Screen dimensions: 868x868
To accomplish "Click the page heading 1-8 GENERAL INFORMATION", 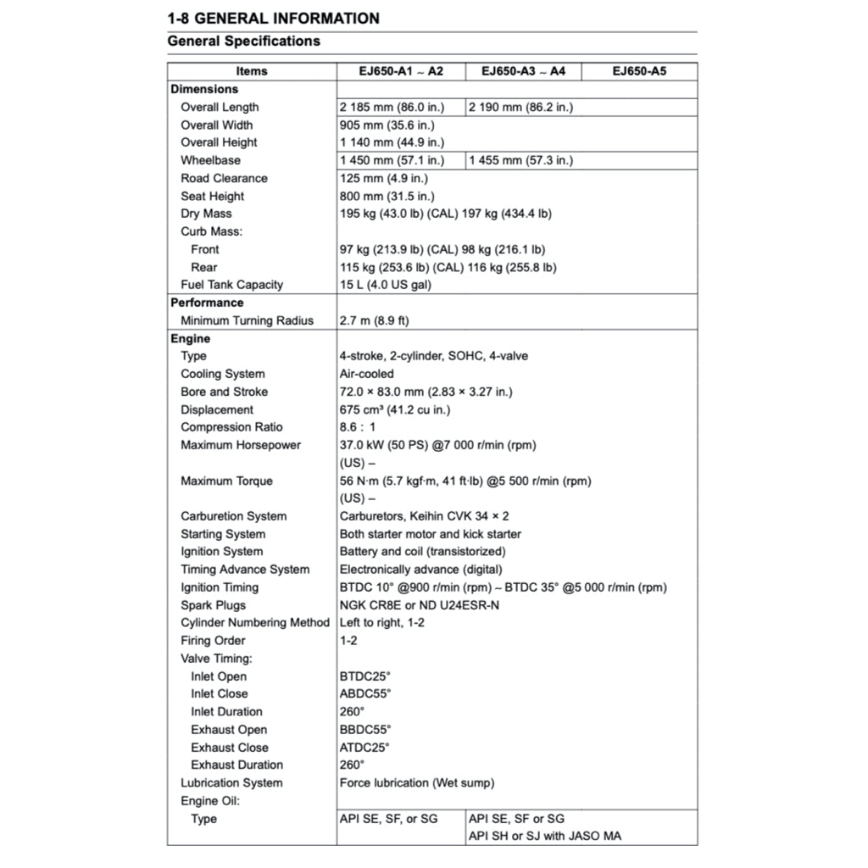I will pos(273,18).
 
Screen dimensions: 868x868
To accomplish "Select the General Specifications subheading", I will pos(243,41).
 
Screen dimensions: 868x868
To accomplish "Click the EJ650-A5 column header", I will pos(639,71).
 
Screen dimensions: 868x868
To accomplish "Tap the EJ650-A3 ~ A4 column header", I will pos(523,71).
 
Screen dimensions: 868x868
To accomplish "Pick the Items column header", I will pos(252,71).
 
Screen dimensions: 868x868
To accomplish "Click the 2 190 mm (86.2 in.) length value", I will pos(520,107).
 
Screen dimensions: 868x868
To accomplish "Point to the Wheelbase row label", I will pos(210,160).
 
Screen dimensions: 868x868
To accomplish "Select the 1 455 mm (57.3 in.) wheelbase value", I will pos(520,160).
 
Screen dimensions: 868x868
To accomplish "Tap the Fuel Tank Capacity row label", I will pos(231,285).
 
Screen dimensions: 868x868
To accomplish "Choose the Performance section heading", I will pos(207,303).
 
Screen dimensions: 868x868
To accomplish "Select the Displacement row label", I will pos(217,409).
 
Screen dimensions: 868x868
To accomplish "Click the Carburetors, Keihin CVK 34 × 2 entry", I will pos(424,516).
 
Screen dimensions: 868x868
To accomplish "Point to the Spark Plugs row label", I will pos(213,605).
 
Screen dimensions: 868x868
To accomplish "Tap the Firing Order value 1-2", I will pos(348,641).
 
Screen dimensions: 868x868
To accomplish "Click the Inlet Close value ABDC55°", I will pos(365,693).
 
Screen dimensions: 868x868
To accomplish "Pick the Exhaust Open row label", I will pos(229,730).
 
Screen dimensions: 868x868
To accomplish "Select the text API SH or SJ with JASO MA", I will pos(544,837).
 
